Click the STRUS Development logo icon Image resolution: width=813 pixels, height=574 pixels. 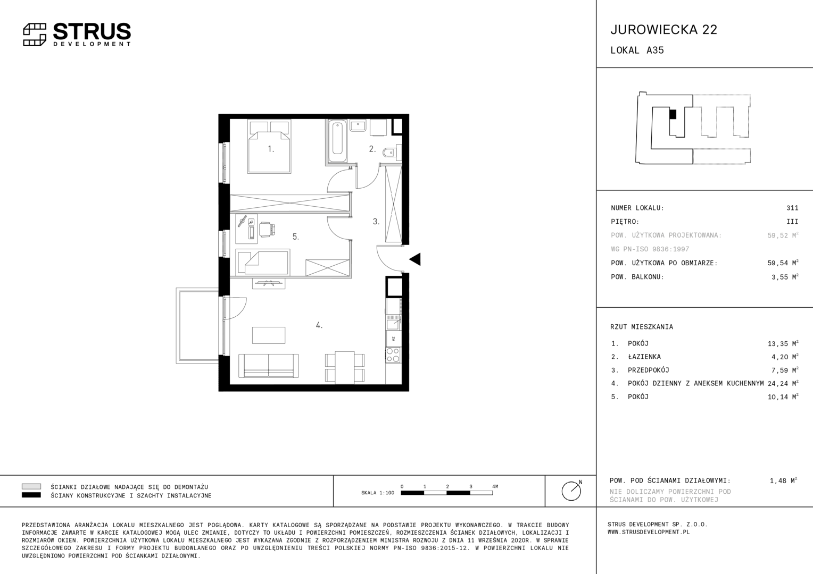[35, 35]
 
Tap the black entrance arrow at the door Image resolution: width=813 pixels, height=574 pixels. [415, 259]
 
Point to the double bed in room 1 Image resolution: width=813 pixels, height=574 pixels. [269, 147]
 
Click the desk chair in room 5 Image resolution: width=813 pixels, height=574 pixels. [267, 230]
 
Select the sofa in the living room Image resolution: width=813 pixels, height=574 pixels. [269, 366]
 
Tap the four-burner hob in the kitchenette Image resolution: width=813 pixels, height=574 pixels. [393, 354]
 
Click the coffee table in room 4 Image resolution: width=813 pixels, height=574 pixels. [269, 335]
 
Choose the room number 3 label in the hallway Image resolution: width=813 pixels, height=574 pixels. [376, 221]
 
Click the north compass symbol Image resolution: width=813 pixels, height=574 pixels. [571, 491]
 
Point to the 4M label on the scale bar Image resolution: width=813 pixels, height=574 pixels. [495, 486]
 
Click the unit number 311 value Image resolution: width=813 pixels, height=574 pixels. [792, 208]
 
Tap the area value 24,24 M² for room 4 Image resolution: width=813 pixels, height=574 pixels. [783, 383]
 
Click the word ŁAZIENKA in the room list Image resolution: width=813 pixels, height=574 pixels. [644, 357]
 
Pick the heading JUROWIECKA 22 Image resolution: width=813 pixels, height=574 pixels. [664, 30]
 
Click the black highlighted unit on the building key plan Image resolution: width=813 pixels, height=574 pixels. [673, 114]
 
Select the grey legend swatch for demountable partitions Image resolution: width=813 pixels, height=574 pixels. [31, 486]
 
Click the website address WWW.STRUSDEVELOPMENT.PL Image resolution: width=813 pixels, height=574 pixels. [649, 532]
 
